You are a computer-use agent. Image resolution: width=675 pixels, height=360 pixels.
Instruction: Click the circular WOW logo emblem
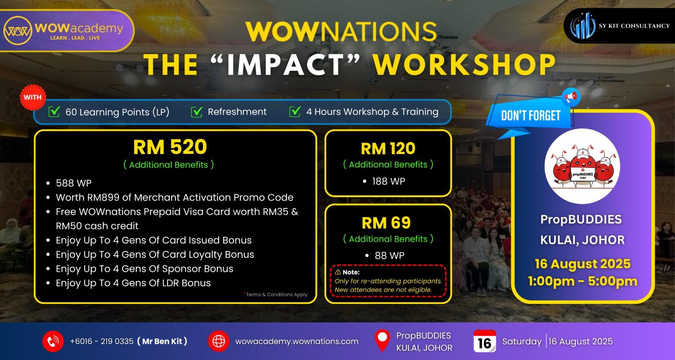pos(17,30)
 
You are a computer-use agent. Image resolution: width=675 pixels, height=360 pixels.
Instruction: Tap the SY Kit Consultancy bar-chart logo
pos(583,26)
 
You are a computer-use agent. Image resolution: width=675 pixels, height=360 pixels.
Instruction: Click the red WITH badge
pos(32,97)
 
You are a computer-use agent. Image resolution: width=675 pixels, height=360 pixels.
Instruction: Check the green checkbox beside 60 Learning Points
pos(54,111)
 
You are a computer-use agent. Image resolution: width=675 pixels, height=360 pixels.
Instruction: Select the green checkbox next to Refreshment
pos(197,111)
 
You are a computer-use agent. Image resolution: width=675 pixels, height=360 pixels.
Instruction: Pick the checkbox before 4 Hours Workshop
pos(295,111)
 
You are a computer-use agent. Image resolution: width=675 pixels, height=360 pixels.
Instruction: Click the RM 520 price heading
pos(170,147)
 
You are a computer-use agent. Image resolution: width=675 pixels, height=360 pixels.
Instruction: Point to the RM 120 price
pos(388,149)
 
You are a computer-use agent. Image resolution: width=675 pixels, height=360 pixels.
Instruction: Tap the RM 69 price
pos(386,223)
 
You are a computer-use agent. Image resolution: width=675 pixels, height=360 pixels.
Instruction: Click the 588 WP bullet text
pos(73,183)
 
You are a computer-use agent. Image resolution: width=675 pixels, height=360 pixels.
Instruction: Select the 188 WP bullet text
pos(389,181)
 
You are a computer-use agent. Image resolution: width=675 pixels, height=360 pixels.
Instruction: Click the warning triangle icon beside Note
pos(338,272)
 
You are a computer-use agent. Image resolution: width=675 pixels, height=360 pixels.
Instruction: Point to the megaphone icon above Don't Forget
pos(571,97)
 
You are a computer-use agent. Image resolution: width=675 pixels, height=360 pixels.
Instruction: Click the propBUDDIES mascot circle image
pos(582,166)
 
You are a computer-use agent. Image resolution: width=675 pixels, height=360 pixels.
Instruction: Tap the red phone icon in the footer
pos(53,341)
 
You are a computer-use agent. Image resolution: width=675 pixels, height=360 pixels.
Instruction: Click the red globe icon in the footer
pos(219,341)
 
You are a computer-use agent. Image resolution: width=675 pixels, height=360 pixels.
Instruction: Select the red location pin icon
pos(382,341)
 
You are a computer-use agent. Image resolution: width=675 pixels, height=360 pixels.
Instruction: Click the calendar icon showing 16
pos(485,341)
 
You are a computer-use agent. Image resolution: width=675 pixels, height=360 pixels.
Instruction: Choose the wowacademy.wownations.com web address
pos(297,341)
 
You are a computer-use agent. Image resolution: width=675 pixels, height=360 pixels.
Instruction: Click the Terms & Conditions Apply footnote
pos(276,294)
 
